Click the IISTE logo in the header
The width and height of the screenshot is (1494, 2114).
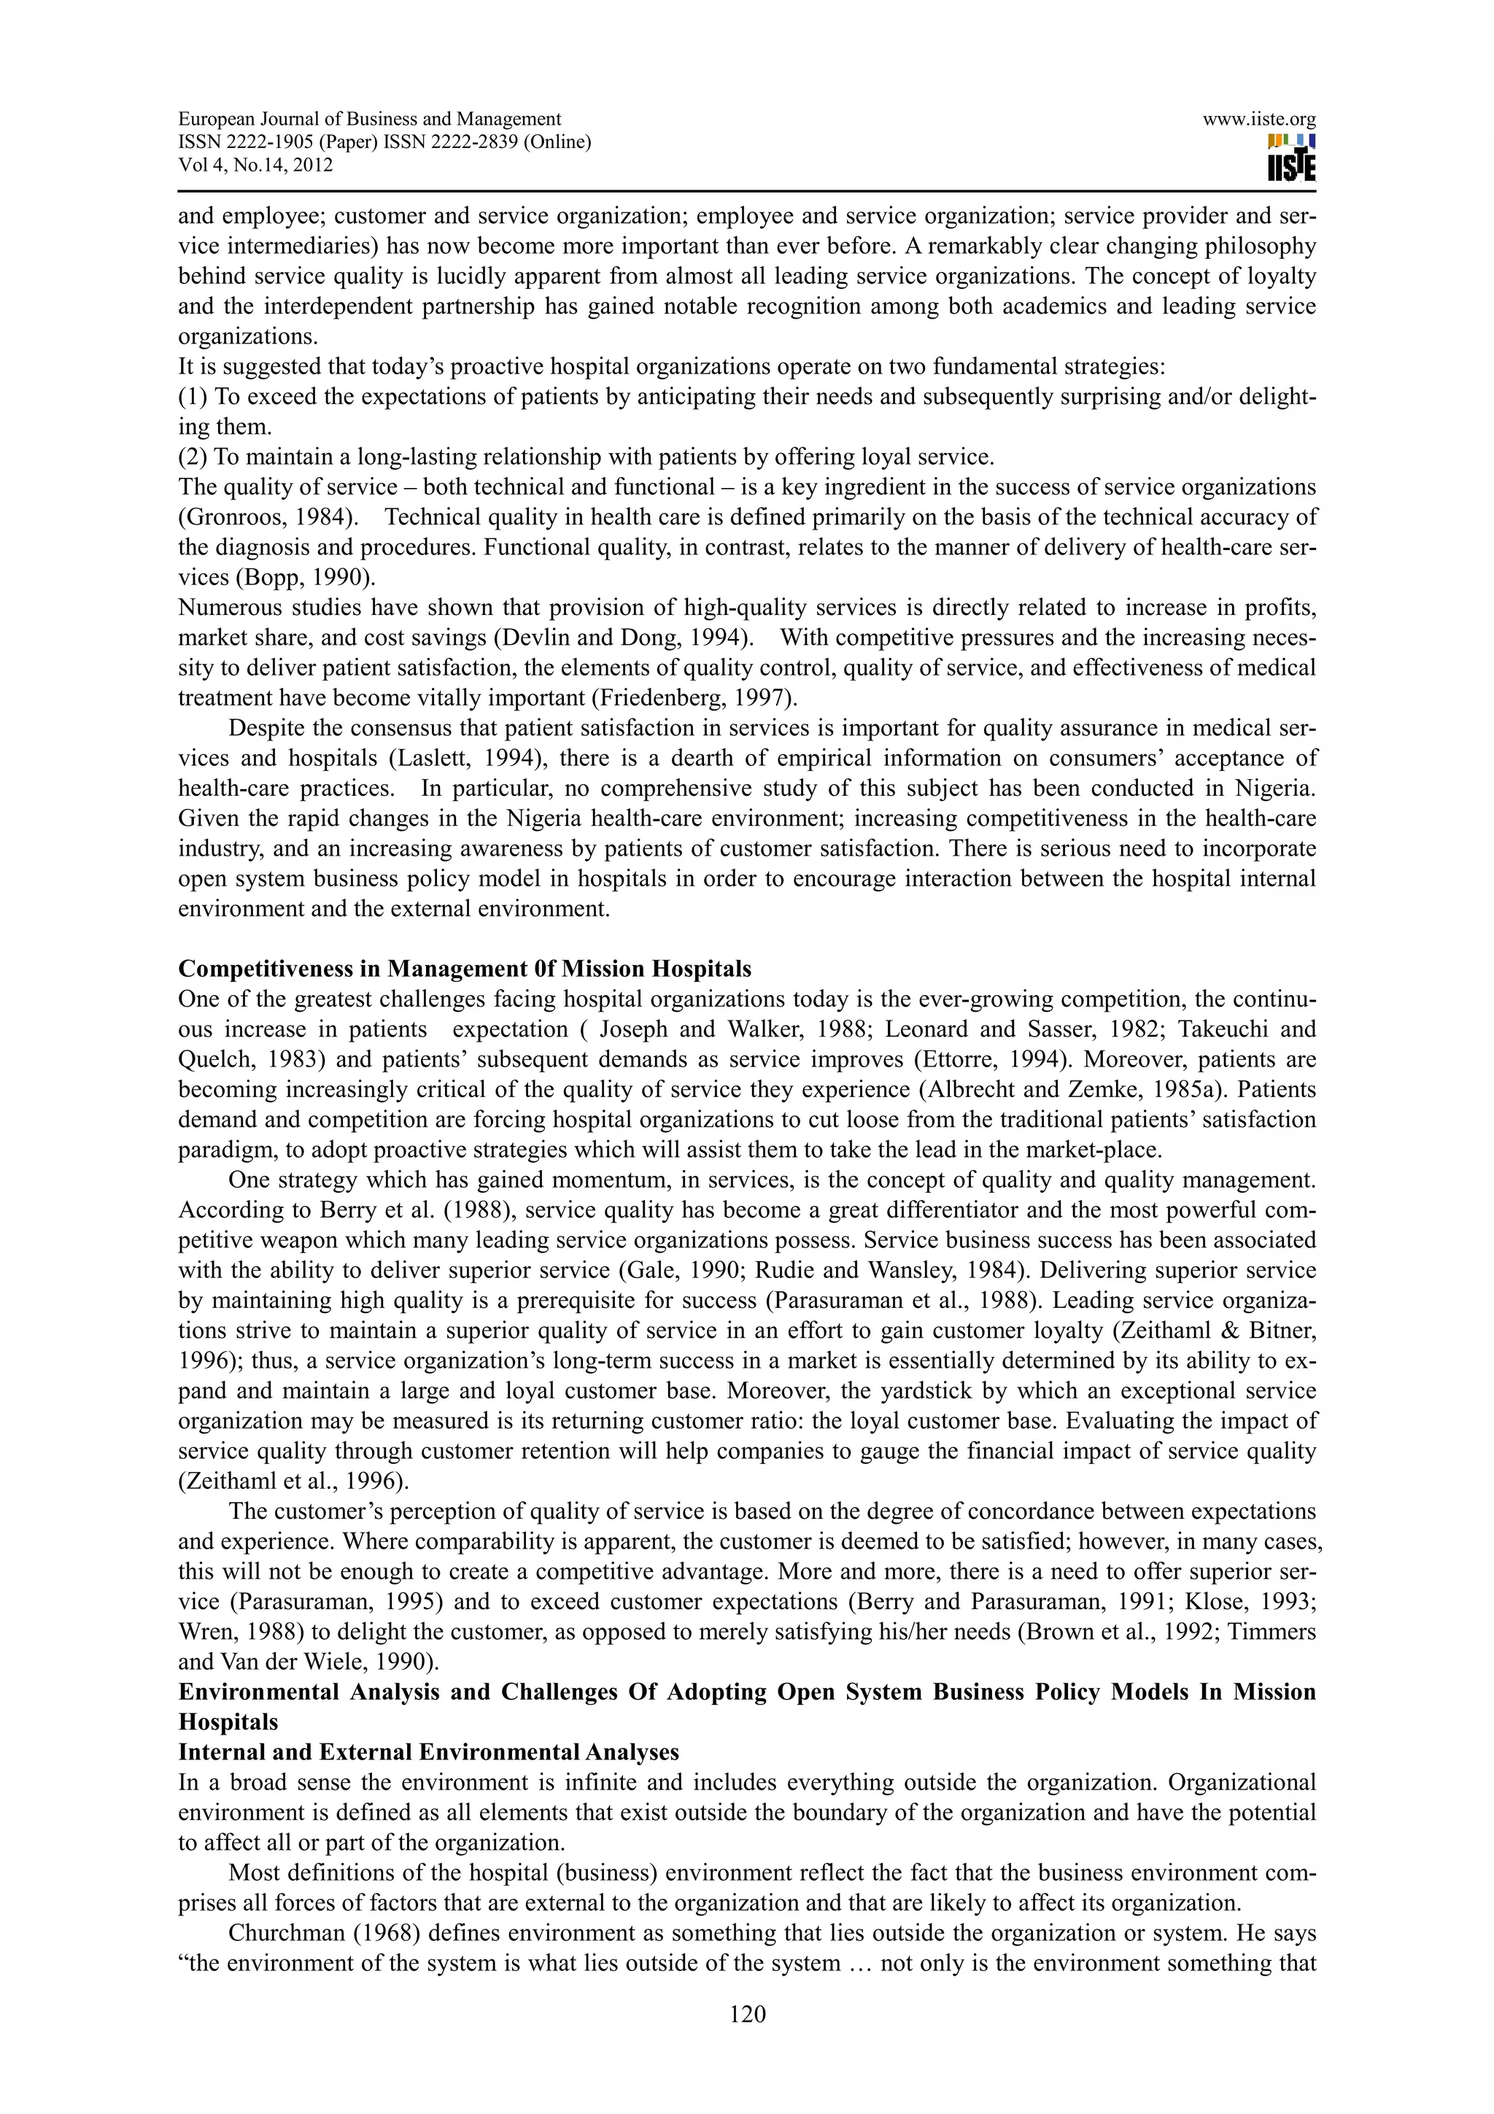click(x=1290, y=158)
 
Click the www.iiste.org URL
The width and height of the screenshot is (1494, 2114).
click(x=1258, y=119)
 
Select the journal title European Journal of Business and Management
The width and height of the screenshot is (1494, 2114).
click(x=369, y=119)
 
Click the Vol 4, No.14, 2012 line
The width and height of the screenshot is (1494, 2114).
click(x=255, y=166)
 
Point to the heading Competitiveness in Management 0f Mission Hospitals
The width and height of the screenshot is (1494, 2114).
click(x=464, y=969)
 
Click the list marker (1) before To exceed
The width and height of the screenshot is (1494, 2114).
click(x=193, y=397)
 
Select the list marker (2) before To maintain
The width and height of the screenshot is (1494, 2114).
click(x=193, y=457)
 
